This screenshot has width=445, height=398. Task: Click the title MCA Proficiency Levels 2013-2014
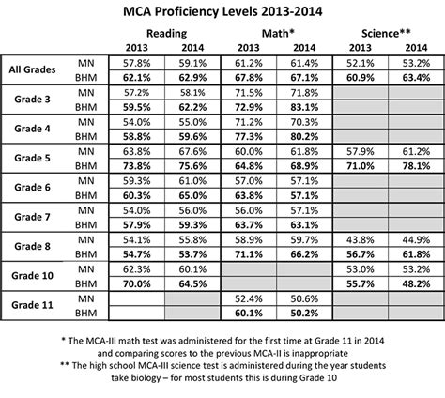[x=222, y=12]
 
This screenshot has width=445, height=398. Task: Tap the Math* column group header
[x=268, y=34]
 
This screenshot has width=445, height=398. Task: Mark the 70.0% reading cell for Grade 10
[x=138, y=283]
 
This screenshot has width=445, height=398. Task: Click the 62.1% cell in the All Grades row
[x=138, y=77]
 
